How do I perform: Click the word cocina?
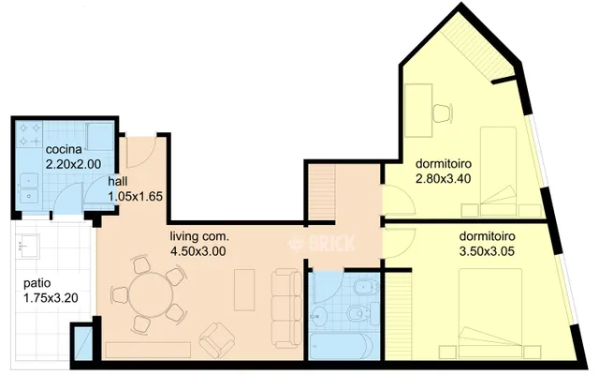click(64, 149)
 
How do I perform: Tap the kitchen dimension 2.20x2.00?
click(73, 164)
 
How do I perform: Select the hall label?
click(118, 181)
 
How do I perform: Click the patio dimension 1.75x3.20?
click(51, 298)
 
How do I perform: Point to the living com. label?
click(199, 237)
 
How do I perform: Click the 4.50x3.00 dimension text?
click(197, 251)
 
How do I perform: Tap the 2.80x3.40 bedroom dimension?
click(443, 178)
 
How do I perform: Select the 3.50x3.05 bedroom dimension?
click(487, 251)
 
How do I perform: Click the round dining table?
click(151, 293)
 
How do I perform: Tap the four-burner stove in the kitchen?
click(29, 134)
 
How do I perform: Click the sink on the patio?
click(28, 247)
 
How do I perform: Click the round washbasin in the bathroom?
click(318, 317)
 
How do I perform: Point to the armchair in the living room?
click(216, 340)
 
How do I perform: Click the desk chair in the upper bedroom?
click(443, 112)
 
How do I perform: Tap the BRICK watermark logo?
click(322, 243)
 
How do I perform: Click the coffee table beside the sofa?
click(244, 290)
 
